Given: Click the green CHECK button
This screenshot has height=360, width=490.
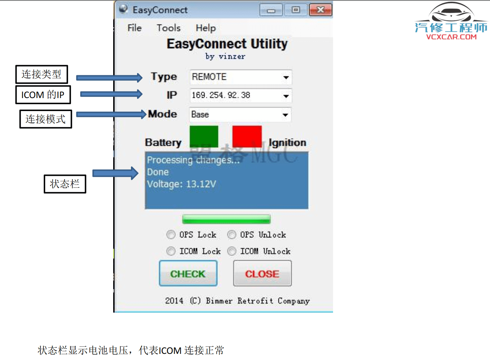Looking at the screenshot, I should [x=188, y=274].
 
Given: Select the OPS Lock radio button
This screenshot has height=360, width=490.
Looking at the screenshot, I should [x=171, y=235].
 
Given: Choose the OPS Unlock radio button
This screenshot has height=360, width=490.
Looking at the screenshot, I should [x=232, y=235].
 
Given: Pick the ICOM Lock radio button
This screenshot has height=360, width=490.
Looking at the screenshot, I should [x=171, y=251].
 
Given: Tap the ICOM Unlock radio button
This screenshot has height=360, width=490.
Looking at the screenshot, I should [x=232, y=251].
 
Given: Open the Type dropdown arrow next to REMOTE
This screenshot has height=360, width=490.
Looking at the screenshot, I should [x=286, y=77].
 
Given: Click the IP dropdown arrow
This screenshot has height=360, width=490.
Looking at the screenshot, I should [x=286, y=96].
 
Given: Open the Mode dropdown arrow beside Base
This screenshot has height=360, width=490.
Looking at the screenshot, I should [x=285, y=115].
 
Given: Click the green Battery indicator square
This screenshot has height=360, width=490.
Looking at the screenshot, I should [x=204, y=136].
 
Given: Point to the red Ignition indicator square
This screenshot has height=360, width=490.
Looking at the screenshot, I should [x=247, y=136].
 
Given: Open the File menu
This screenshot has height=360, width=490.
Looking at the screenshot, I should [x=135, y=28].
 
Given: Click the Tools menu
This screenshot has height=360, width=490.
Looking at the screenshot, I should [x=169, y=28].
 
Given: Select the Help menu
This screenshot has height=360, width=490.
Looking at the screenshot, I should [x=206, y=28].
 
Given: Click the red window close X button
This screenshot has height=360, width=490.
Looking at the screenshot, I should [x=320, y=10].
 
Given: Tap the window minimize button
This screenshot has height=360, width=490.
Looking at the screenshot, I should [x=271, y=10].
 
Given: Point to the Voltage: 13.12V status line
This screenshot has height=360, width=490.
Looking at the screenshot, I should [x=182, y=184].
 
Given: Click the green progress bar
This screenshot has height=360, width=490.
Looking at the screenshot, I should [x=226, y=219].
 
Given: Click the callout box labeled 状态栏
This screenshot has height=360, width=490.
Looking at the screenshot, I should [x=65, y=184].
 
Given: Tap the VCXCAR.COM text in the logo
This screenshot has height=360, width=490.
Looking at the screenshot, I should [x=451, y=37].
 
